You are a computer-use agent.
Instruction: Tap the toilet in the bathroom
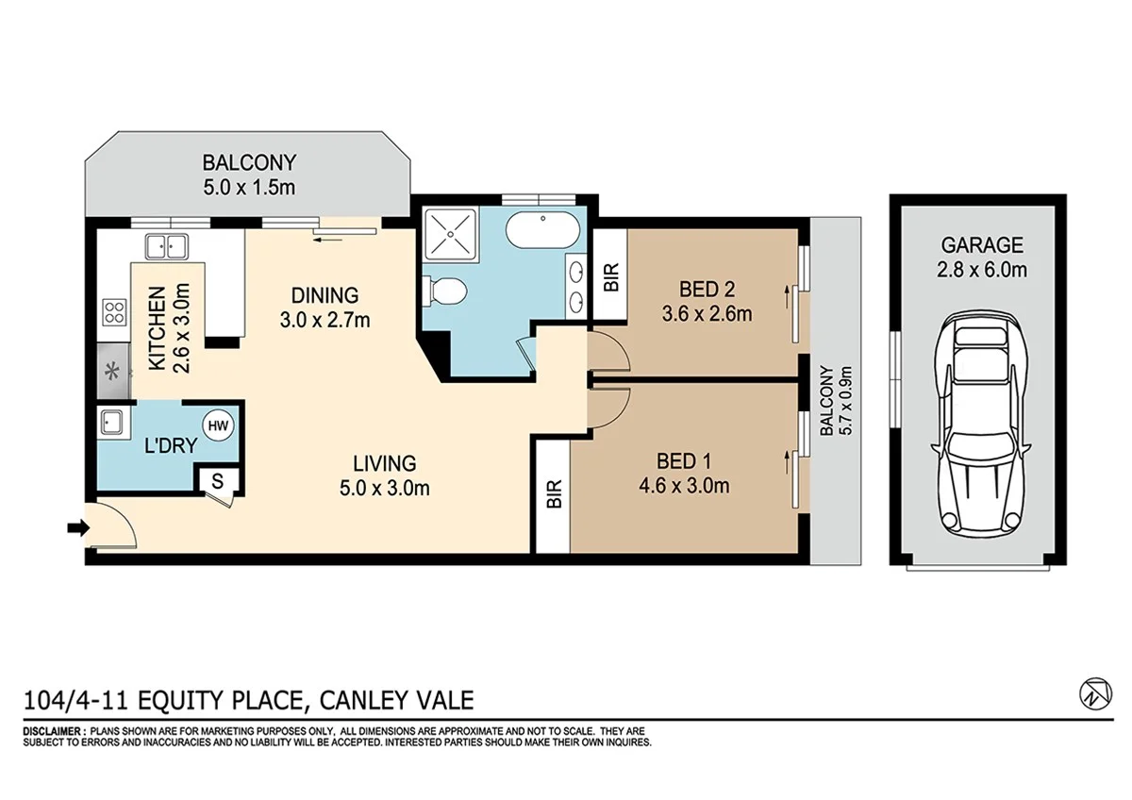441,290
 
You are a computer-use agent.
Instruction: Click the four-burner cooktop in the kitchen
115,312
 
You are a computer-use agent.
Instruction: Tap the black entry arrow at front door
75,529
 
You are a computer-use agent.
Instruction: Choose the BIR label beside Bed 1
554,494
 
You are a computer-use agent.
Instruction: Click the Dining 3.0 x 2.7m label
325,306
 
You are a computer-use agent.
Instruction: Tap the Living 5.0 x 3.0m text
384,475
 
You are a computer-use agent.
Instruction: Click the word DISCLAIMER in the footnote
54,731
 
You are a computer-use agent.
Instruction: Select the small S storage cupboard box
217,480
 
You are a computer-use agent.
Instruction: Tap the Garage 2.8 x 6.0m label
982,257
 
